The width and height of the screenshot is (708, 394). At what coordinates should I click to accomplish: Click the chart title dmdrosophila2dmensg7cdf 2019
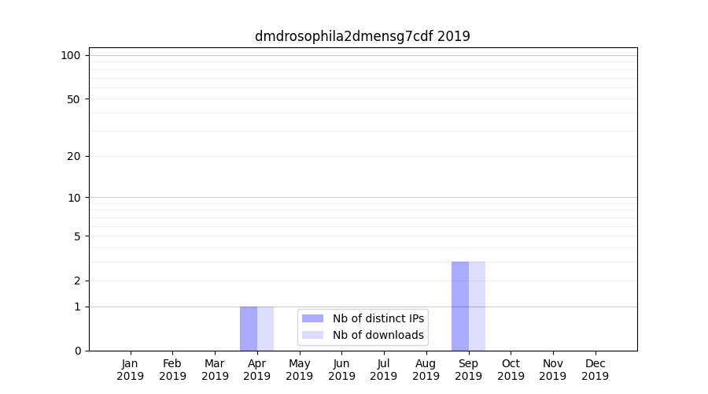(362, 36)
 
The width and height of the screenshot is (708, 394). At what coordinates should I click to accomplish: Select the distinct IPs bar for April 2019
(249, 329)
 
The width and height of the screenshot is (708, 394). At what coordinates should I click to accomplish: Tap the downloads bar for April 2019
(266, 329)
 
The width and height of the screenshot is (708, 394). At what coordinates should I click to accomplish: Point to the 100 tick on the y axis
(71, 55)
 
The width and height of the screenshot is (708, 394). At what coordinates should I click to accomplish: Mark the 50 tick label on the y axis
(73, 99)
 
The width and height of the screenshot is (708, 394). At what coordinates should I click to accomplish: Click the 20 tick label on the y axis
(73, 156)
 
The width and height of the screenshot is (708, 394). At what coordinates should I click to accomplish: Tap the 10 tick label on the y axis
(73, 198)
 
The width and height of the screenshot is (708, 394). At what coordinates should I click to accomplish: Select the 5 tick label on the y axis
(77, 236)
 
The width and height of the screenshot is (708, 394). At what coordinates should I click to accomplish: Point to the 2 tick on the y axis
(77, 281)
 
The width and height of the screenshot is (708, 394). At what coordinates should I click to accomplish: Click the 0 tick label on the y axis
(77, 351)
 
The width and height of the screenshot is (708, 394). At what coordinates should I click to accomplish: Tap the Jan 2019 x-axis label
(131, 370)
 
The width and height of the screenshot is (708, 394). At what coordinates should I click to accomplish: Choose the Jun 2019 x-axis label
(341, 370)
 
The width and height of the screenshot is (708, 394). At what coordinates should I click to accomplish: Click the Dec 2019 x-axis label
(595, 370)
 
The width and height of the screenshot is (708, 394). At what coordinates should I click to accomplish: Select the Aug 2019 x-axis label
(426, 370)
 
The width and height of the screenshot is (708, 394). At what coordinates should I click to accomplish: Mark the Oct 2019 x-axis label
(511, 370)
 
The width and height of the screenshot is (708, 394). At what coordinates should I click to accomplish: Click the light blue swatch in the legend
(312, 335)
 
